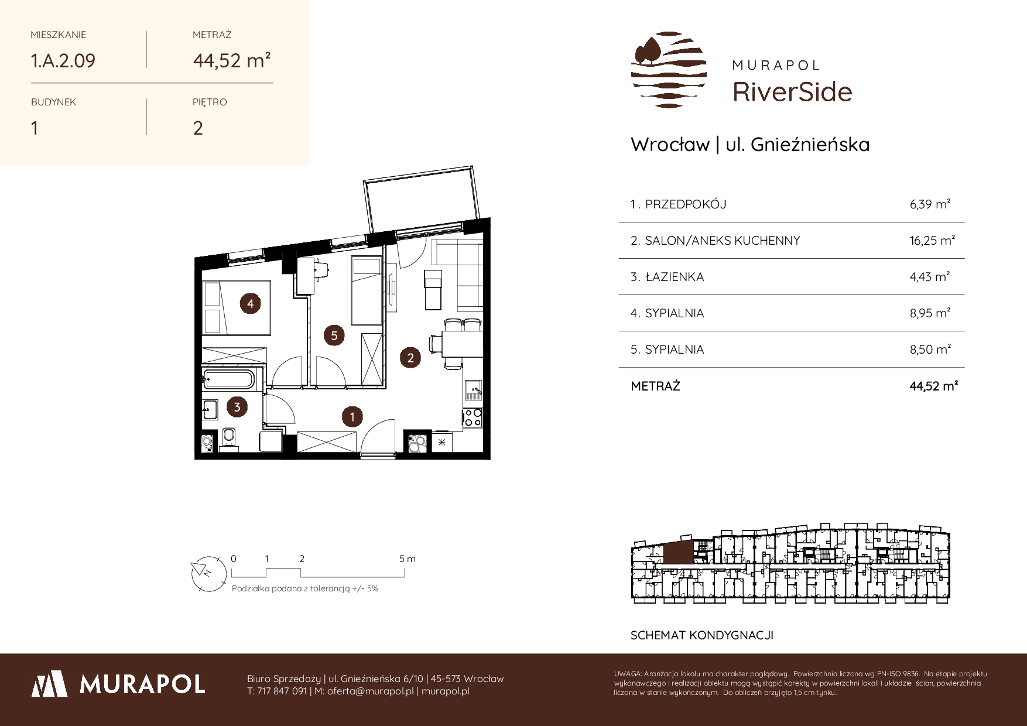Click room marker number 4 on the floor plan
[250, 303]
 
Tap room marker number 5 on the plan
[334, 335]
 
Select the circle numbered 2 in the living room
[410, 358]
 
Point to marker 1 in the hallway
[352, 417]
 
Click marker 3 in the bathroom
[237, 407]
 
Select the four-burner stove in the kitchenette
[473, 417]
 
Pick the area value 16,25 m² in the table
[933, 241]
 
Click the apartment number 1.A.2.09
[63, 61]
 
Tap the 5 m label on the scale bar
[408, 559]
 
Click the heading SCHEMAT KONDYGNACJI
[701, 635]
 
